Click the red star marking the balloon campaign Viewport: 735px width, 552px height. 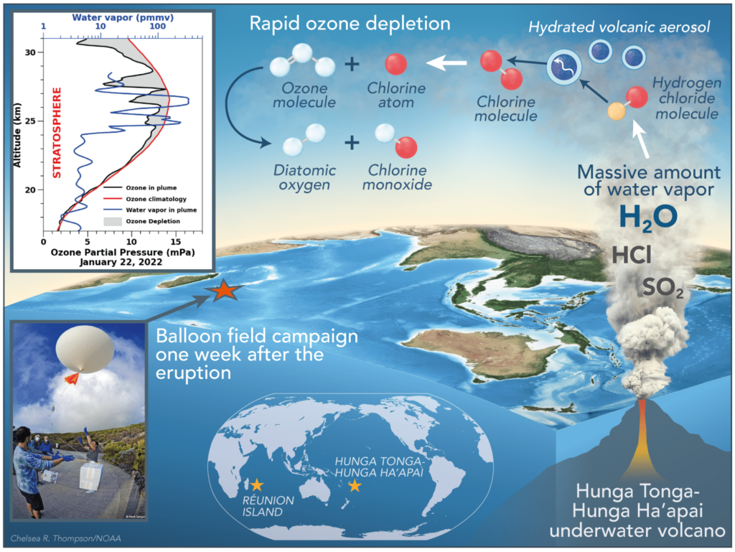[x=224, y=291]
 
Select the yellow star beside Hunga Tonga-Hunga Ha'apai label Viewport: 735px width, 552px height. [x=354, y=486]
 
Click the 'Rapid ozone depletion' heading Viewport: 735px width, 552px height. [x=350, y=24]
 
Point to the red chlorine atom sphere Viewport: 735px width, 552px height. [x=395, y=65]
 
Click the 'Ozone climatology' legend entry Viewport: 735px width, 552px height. [x=150, y=198]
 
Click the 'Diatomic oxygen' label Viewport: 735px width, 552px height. [x=305, y=177]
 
